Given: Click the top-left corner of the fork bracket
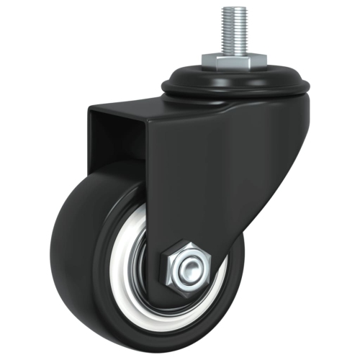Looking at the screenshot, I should click(x=89, y=111).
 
